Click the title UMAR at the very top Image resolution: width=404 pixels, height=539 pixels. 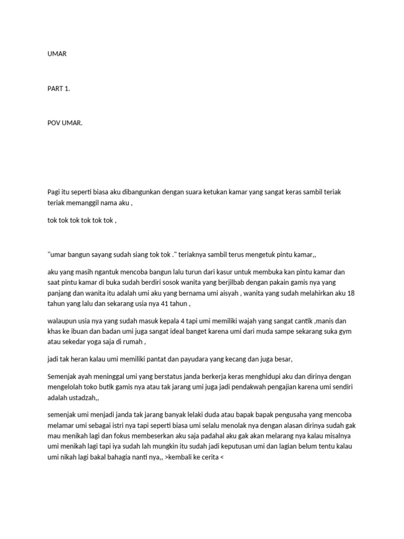57,53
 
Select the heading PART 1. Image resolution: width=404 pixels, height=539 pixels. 58,88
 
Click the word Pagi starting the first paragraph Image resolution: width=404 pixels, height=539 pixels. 55,192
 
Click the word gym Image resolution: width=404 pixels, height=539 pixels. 339,332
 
